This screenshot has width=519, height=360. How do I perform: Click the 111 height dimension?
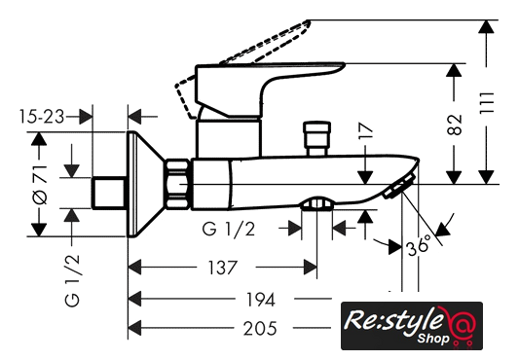point(487,103)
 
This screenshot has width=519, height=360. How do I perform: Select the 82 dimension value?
point(454,125)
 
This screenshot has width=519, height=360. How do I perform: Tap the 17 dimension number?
point(365,130)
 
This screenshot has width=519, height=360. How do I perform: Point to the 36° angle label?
point(420,245)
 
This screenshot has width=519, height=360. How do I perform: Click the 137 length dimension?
point(222,268)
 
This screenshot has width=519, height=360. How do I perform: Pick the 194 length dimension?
point(261,300)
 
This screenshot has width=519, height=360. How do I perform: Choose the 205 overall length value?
point(260,329)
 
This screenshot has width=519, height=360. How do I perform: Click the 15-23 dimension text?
point(42,117)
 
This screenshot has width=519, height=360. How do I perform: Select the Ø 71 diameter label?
point(40,184)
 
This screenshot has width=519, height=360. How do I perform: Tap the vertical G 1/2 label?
point(72,280)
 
